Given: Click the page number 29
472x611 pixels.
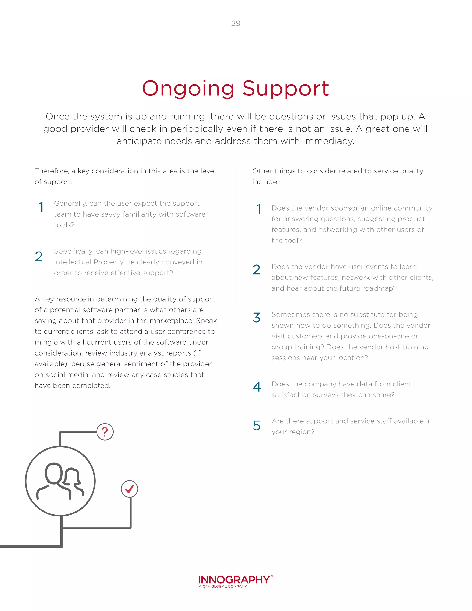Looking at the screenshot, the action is [236, 23].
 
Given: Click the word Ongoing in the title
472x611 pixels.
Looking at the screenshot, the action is [188, 89].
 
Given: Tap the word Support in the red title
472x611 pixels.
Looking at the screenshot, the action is [286, 89].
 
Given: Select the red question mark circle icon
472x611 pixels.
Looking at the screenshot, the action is [105, 432].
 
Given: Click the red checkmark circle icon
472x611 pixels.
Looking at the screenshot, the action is [130, 489].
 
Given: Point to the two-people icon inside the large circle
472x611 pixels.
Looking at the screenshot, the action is [60, 481].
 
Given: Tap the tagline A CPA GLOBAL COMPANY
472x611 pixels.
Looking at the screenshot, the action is [223, 586].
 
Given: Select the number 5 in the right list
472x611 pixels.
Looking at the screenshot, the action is [257, 426].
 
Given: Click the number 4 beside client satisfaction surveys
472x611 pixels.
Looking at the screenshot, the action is [257, 387].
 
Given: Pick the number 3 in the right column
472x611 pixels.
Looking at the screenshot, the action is [257, 317].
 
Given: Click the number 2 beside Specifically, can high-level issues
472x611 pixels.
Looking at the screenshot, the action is [39, 257].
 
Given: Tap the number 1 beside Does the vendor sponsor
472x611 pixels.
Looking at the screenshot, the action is [259, 209].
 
